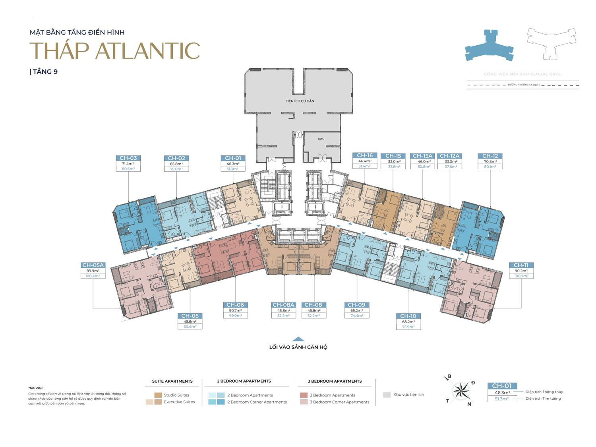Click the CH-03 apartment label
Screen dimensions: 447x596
(128, 158)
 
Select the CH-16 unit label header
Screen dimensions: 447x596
(365, 156)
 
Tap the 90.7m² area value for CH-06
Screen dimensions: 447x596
(235, 310)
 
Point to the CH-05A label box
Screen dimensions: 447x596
(93, 265)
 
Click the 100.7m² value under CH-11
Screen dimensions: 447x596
(521, 276)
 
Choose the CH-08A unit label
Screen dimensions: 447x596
(283, 305)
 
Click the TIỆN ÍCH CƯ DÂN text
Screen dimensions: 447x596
(300, 101)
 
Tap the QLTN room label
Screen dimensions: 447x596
(321, 139)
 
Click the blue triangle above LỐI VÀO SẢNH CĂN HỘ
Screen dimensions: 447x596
(298, 339)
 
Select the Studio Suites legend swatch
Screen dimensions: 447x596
(158, 395)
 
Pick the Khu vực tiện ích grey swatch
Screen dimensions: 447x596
(387, 395)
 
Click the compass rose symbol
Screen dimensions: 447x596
(461, 390)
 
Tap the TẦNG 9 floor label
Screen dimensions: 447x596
(45, 72)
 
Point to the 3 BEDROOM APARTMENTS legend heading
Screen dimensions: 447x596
(335, 381)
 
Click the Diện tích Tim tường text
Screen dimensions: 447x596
(543, 399)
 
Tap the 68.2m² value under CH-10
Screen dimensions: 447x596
(408, 322)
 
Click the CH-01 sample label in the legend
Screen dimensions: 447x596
(502, 386)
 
